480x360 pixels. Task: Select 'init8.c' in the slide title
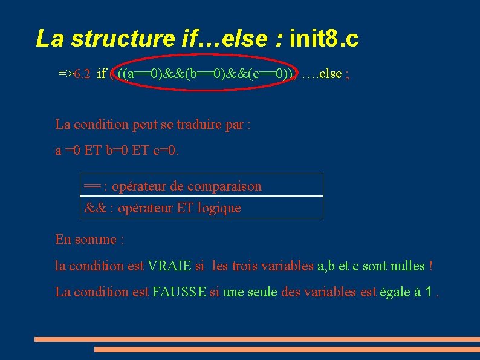[324, 38]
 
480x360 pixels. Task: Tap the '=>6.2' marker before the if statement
[74, 74]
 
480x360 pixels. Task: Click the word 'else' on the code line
[330, 74]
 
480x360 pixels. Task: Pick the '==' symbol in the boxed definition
[92, 186]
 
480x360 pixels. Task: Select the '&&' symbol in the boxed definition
[94, 208]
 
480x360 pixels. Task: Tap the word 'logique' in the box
[218, 208]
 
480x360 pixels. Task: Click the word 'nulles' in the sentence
[407, 266]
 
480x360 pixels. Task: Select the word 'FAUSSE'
[180, 292]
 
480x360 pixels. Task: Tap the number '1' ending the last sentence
[429, 292]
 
